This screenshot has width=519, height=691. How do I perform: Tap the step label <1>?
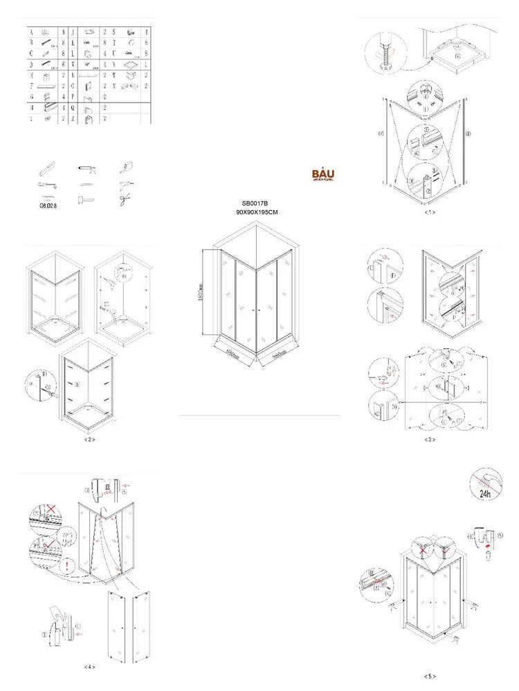click(430, 212)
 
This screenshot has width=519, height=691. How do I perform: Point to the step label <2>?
click(89, 439)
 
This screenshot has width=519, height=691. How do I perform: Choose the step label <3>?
click(430, 439)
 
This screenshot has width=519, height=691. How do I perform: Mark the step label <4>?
click(89, 667)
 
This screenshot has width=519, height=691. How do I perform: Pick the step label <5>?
click(430, 676)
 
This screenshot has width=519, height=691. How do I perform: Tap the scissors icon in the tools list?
click(125, 200)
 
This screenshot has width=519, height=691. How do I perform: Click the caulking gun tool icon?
click(84, 168)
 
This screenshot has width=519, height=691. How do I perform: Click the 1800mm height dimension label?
click(199, 293)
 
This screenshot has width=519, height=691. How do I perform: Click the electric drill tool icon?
click(125, 168)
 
